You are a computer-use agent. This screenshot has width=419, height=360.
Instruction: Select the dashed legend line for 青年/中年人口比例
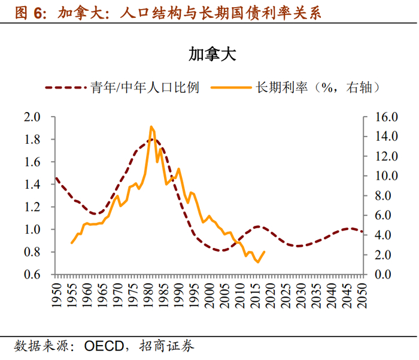coord(66,87)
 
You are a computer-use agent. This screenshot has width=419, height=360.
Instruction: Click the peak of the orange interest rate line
coord(151,127)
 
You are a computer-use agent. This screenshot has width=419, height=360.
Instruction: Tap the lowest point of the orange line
coord(258,262)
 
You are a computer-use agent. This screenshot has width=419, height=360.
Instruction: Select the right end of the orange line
coord(265,252)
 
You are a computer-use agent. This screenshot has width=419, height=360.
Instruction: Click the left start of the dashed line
coord(56,177)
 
